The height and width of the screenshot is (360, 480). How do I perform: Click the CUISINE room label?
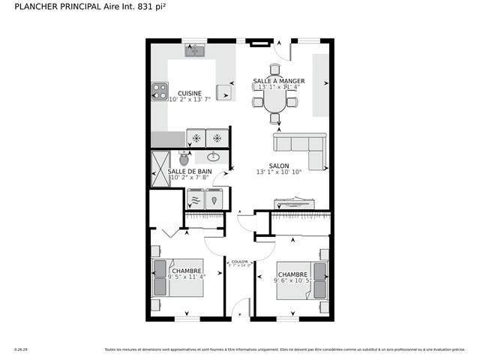(x=189, y=94)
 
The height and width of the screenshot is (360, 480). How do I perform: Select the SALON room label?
(x=279, y=166)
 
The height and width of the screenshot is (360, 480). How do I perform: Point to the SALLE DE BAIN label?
(x=189, y=171)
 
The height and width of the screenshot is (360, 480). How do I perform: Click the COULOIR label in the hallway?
(x=239, y=262)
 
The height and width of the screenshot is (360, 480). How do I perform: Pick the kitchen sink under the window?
(x=196, y=50)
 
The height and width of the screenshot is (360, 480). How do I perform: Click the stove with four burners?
(x=160, y=91)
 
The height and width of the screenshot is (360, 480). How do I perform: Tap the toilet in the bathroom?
(x=184, y=158)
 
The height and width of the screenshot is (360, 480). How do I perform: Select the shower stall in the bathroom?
(x=160, y=169)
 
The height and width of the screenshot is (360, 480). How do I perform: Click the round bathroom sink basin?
(x=214, y=157)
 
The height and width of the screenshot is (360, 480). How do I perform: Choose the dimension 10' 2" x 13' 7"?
(x=190, y=100)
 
